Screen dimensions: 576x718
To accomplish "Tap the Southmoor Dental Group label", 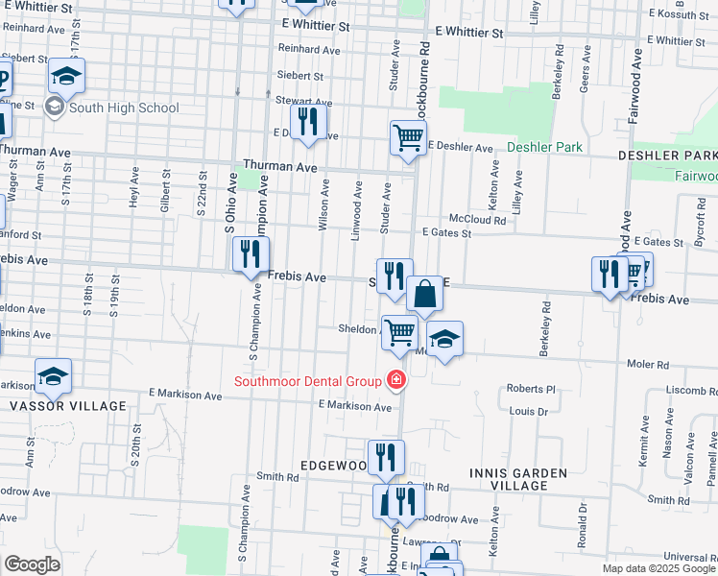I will [x=308, y=381].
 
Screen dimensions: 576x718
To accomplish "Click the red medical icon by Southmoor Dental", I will [x=394, y=381].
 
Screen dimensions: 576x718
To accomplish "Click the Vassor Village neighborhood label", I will [x=67, y=406].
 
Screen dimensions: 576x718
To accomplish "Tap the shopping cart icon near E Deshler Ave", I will [x=408, y=137].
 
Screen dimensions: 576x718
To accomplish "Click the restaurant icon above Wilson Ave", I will [x=308, y=121].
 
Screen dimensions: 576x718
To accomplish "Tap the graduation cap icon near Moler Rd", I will [x=444, y=340].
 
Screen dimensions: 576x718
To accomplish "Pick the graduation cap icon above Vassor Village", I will [x=54, y=376].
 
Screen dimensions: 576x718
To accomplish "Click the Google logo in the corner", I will [x=32, y=564].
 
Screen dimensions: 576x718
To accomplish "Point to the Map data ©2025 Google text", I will [x=658, y=568].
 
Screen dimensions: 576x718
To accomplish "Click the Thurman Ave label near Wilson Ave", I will [x=280, y=166].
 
